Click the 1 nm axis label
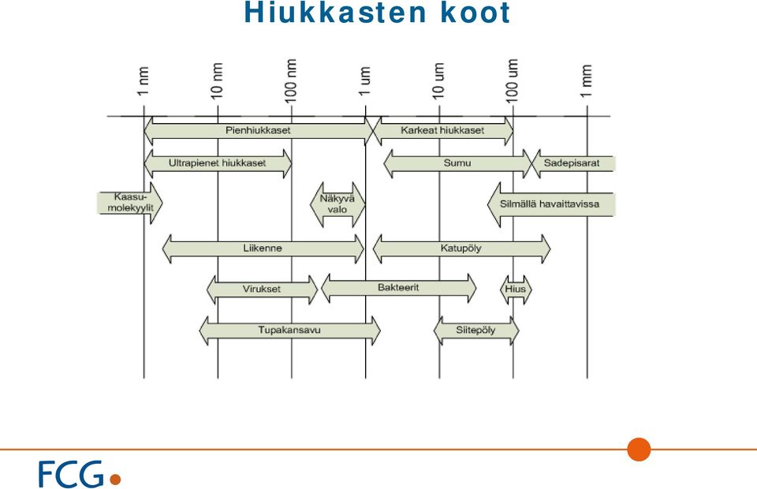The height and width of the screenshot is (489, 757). point(144,81)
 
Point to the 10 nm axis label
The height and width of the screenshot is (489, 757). point(218,80)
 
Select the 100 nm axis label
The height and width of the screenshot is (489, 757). point(291,80)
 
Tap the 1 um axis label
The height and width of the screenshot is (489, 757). point(364,81)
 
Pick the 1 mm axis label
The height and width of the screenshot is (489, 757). point(586,80)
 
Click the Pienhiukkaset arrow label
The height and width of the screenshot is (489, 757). point(258,130)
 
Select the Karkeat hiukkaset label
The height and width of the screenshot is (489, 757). point(442,130)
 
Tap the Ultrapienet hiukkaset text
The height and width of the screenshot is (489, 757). point(218,163)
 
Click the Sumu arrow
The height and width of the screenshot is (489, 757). point(457,163)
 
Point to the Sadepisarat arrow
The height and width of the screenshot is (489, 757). point(573,163)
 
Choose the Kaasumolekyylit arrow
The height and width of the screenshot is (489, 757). point(130,203)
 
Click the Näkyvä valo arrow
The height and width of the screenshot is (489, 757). point(337,204)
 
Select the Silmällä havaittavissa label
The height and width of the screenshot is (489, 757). point(550,204)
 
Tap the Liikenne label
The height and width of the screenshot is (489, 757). point(263,248)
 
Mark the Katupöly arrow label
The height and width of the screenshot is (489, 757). point(461,248)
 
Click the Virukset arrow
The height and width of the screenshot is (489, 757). point(262,289)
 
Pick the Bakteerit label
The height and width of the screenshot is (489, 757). point(398,288)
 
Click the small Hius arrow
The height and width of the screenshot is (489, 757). point(516,289)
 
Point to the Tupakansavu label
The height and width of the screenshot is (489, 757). point(289,330)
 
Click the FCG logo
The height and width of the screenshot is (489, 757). point(80,474)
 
